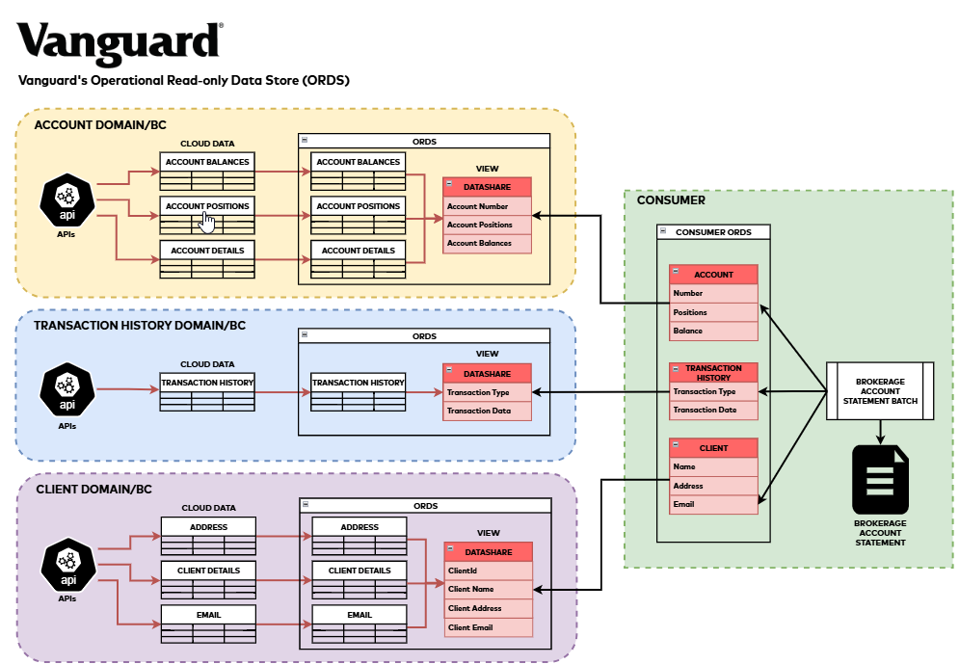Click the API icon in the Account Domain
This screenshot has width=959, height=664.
click(67, 201)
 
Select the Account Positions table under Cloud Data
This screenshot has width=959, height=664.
click(207, 214)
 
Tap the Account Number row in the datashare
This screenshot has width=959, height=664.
click(488, 206)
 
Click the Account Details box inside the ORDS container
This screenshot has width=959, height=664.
click(358, 258)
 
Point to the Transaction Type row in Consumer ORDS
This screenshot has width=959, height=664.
click(713, 391)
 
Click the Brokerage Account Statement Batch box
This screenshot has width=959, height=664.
click(880, 390)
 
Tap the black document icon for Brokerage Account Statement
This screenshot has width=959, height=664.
click(880, 478)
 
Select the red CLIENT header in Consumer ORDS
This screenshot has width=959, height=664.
click(713, 448)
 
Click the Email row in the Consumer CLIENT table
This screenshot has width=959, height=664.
click(713, 504)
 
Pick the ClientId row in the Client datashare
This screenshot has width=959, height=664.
click(488, 571)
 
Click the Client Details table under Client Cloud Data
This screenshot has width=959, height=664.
click(207, 578)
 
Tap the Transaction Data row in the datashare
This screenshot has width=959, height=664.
click(488, 411)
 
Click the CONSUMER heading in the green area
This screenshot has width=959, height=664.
click(671, 200)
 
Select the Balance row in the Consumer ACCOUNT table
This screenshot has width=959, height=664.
click(713, 331)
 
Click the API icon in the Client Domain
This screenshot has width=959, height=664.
click(67, 566)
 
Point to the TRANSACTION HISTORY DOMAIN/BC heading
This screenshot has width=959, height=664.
click(140, 326)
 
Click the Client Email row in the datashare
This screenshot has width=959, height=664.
click(488, 627)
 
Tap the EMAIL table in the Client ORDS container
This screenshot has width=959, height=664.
click(359, 622)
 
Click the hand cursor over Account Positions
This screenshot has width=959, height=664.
click(206, 222)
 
